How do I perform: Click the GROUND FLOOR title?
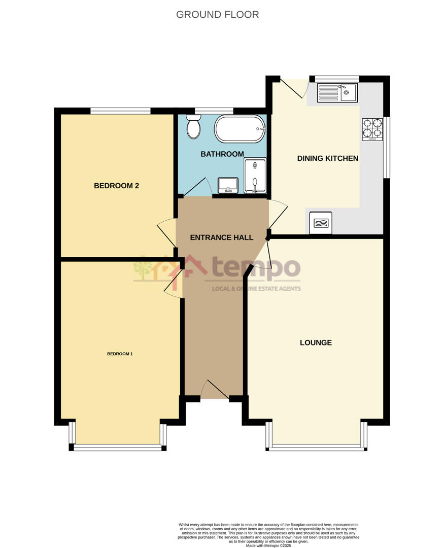pos(217,15)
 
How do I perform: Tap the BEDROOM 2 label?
pos(116,186)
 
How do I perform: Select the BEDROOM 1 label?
pos(120,354)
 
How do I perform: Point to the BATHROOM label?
pos(222,154)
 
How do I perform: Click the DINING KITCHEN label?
pos(327,158)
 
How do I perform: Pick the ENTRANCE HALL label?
pos(221,237)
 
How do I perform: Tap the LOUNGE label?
pos(316,342)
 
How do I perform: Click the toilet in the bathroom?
pos(193,127)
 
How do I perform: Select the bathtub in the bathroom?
pos(240,129)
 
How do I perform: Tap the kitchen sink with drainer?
pos(337,92)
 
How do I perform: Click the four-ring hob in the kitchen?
pos(372,129)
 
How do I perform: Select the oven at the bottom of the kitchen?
pos(320,222)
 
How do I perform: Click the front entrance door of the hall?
pos(215,390)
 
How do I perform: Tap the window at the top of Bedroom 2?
pos(120,110)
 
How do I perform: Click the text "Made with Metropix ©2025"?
pos(269,545)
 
